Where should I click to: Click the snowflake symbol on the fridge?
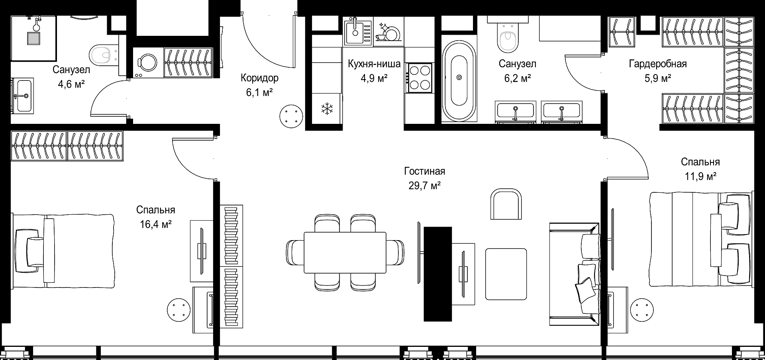pos(327,108)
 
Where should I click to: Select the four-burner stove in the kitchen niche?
pos(419,78)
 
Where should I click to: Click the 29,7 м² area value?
pos(424,186)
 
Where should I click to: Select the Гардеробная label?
pos(657,64)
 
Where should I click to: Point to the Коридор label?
pos(259,78)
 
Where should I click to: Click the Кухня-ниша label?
pos(374,64)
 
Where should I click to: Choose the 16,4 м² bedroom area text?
pos(156,224)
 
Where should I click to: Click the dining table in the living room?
pos(345,252)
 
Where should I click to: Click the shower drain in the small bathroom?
pos(33,38)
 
